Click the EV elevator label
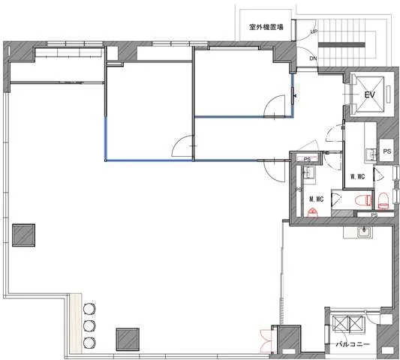370,94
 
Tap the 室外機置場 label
266,27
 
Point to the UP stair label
314,31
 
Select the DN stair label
313,58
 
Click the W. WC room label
357,176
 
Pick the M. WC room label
317,199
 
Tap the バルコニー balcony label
353,344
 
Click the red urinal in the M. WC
313,212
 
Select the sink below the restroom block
365,232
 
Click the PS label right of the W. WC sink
387,151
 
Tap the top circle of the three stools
89,309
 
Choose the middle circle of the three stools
89,325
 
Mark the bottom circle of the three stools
89,343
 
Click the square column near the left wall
23,235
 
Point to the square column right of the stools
128,339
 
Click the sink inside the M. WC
309,173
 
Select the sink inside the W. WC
371,154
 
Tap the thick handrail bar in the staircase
341,45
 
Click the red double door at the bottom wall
266,341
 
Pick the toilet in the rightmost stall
383,200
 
